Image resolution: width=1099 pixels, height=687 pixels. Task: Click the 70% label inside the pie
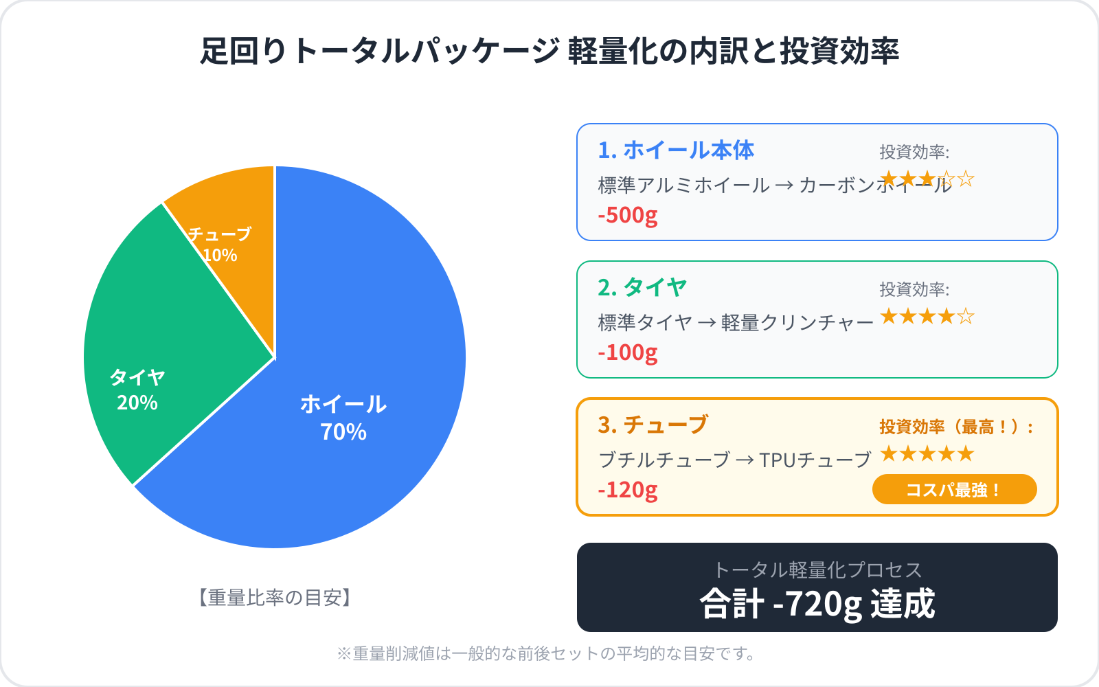point(343,432)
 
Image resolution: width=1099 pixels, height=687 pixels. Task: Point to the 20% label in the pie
point(137,403)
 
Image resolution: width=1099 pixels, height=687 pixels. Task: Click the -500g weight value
point(628,215)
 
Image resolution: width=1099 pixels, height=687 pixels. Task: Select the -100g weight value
point(628,352)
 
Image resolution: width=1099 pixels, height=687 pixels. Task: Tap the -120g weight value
point(628,490)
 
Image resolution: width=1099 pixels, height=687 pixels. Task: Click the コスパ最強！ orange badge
point(954,490)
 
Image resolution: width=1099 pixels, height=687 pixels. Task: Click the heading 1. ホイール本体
point(676,150)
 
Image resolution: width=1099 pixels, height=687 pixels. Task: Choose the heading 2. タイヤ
point(642,288)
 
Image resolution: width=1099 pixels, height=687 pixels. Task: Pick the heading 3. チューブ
point(653,425)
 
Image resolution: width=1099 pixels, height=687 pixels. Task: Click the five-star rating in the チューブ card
point(927,453)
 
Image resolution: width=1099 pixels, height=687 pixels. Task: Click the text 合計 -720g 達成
point(817,604)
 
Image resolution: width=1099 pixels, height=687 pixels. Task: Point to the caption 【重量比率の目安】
point(275,598)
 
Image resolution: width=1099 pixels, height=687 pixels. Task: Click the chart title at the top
point(549,52)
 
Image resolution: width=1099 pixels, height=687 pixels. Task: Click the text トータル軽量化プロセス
point(817,570)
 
